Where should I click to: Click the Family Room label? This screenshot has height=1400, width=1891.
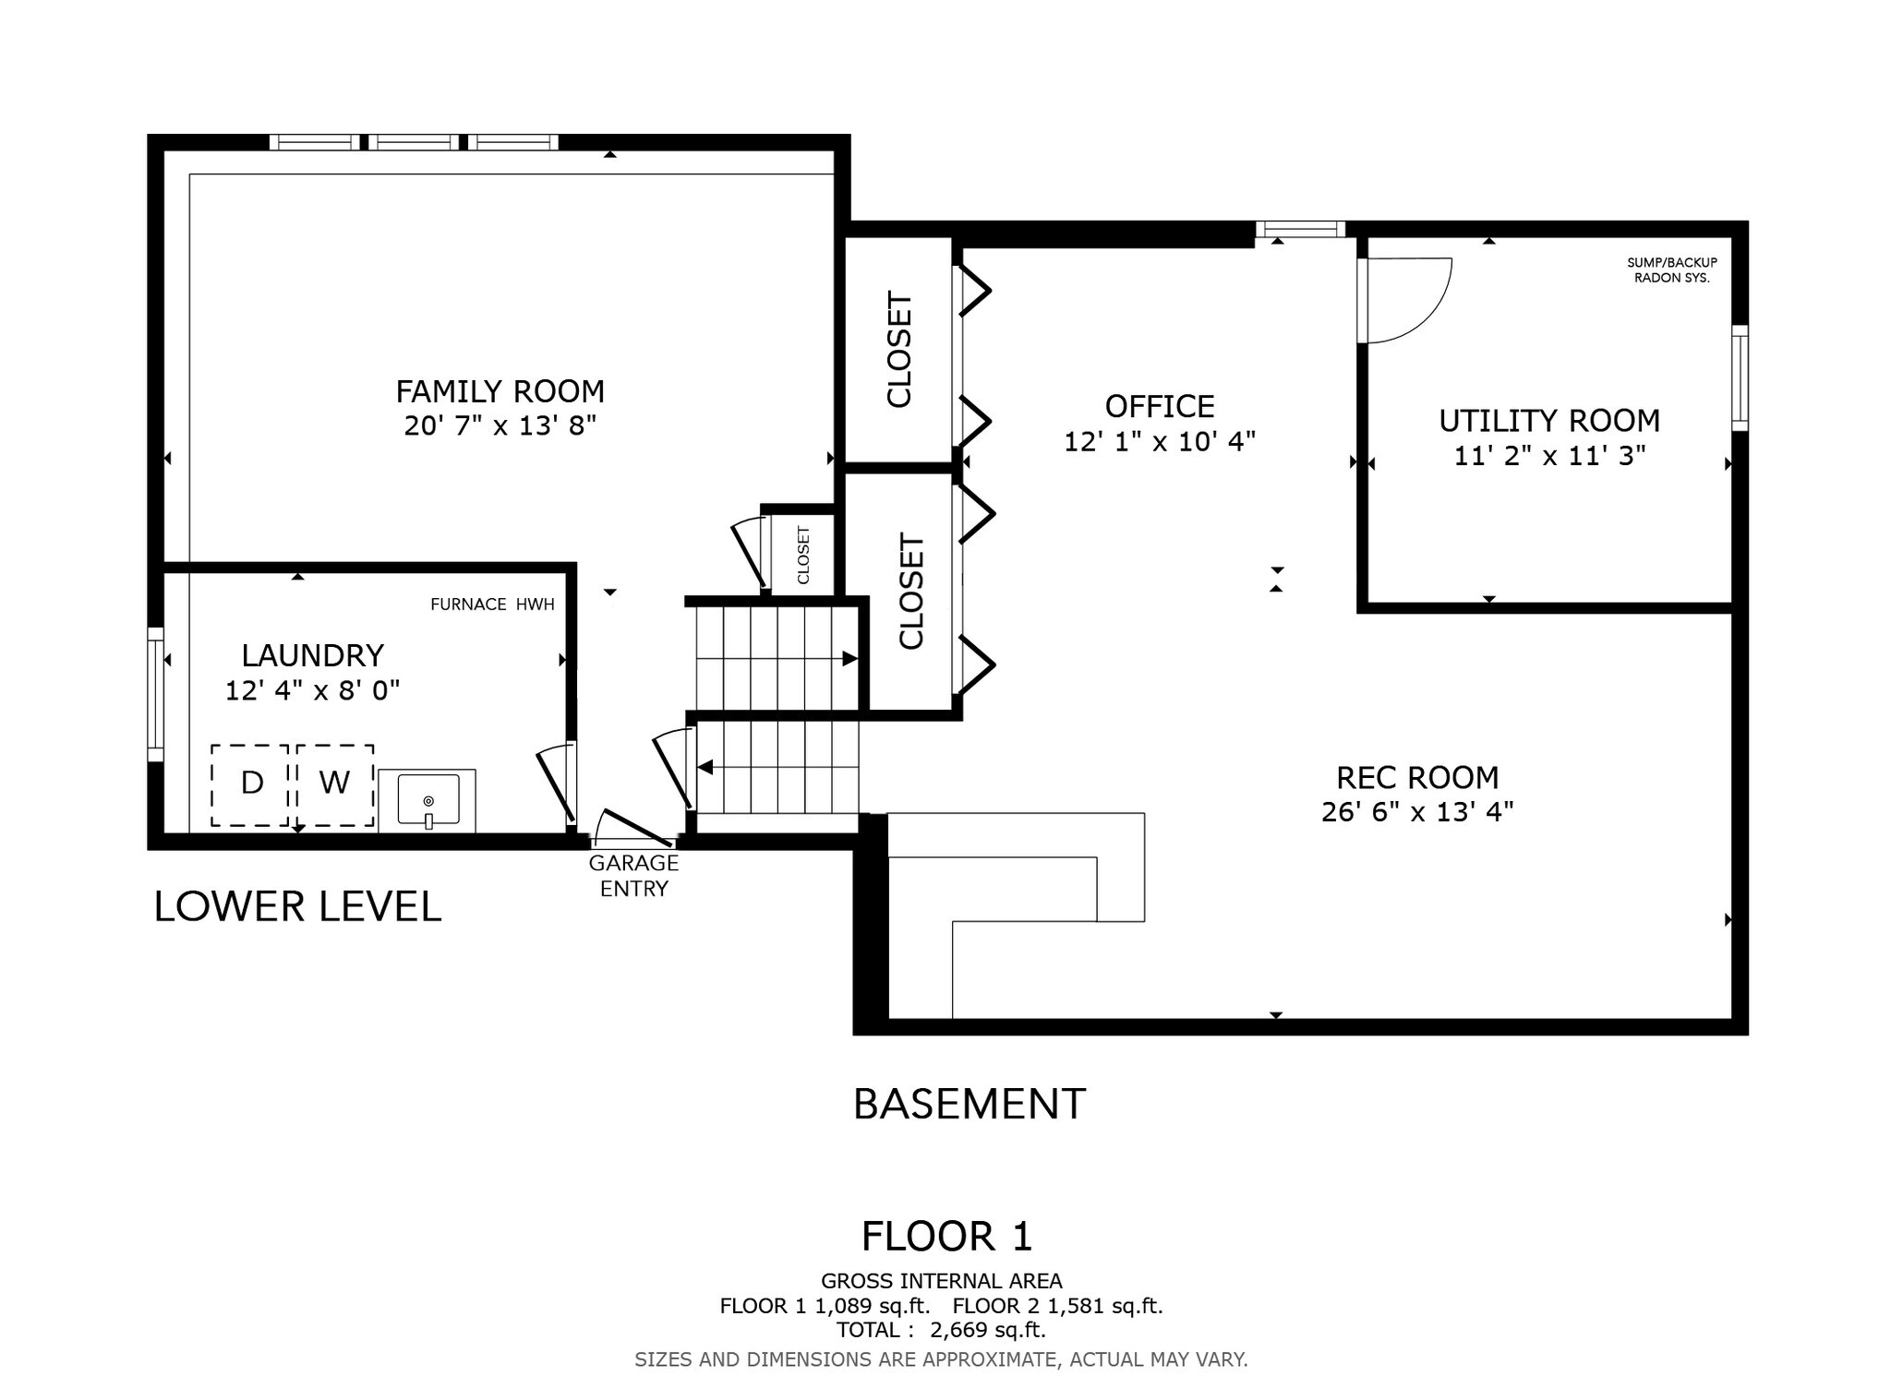[x=500, y=391]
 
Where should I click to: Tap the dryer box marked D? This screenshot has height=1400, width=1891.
[x=250, y=784]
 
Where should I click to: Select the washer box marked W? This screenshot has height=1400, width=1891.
[x=334, y=784]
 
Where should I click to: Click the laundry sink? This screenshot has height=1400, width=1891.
[x=428, y=800]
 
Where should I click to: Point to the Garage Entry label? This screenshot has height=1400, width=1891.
[x=633, y=875]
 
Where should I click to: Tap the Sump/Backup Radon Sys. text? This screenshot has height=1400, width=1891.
[x=1671, y=269]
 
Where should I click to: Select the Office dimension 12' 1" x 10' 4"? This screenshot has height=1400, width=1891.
[x=1159, y=442]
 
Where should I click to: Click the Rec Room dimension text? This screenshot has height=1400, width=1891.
[x=1416, y=812]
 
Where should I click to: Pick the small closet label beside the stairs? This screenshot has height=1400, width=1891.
[x=802, y=555]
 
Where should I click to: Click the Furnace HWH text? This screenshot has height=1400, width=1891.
[x=492, y=604]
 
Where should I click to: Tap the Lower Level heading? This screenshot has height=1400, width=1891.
[x=297, y=906]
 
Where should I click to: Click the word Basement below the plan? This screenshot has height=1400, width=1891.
[x=969, y=1104]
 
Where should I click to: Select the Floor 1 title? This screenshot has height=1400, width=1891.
[x=945, y=1236]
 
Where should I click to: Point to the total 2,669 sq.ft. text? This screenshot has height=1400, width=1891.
[x=940, y=1330]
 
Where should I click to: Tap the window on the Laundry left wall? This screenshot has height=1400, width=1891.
[x=156, y=688]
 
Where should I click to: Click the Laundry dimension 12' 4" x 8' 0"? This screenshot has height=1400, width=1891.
[x=312, y=690]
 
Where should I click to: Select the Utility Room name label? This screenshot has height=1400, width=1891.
[x=1548, y=421]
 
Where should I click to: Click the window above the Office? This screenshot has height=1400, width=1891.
[x=1299, y=229]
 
